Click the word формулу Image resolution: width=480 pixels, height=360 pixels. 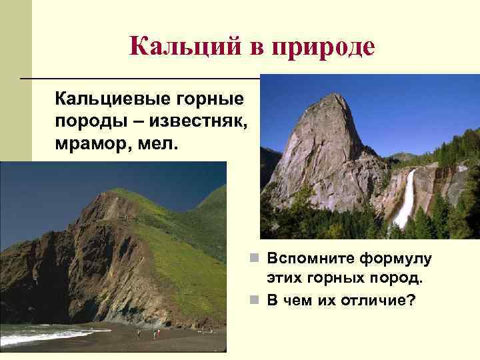point(399,258)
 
